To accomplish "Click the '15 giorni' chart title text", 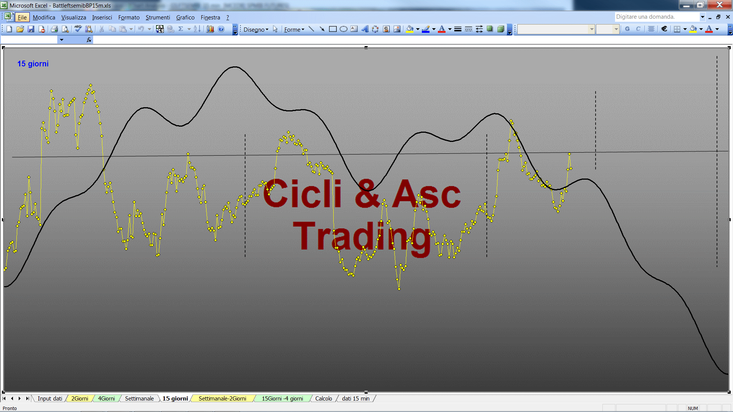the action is pos(33,64).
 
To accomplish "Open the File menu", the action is pos(22,18).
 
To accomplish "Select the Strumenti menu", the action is pos(158,18).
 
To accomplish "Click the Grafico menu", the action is pos(185,18).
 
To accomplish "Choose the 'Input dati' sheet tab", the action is pos(50,399).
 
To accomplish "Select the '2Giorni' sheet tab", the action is pos(79,399).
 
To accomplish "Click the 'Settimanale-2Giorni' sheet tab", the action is pos(222,399).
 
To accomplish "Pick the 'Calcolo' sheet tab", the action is pos(323,399).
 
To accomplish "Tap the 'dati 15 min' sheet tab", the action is pos(355,399).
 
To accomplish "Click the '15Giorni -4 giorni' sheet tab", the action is pos(282,399).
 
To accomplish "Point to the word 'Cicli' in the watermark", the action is pos(302,193).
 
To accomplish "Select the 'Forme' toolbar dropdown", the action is pos(294,29).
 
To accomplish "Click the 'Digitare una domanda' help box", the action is pos(657,17).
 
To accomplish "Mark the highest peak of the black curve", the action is pos(234,67).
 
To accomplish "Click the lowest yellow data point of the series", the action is pos(399,289).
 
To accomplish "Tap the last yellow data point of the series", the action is pos(571,168).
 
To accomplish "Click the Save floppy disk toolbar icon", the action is pos(31,29).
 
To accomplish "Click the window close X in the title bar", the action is pos(719,5).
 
